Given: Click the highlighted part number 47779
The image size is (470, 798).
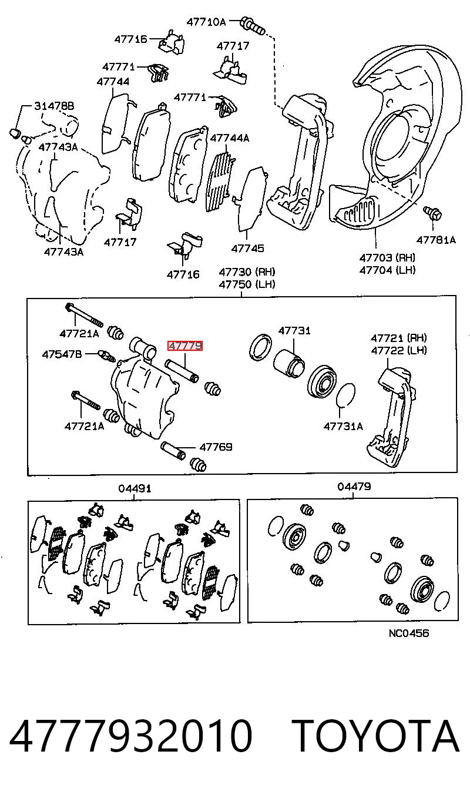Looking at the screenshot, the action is click(185, 346).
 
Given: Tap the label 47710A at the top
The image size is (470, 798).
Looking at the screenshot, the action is click(206, 22).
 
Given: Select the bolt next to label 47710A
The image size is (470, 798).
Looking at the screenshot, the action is click(253, 26).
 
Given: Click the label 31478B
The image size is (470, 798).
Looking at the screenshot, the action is click(54, 106).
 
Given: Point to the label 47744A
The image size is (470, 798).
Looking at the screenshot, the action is click(230, 138).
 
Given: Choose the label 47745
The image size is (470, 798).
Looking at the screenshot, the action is click(248, 249).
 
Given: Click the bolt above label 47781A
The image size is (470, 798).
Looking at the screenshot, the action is click(432, 213).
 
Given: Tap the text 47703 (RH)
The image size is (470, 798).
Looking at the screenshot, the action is click(387, 257).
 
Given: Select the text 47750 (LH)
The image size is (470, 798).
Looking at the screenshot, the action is click(247, 284).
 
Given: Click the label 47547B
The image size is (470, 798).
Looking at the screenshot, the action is click(62, 354).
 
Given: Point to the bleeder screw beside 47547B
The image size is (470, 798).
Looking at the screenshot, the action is click(106, 355).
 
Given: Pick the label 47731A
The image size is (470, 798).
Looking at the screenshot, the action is click(343, 426).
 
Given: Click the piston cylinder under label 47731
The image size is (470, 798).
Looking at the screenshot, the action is click(289, 363).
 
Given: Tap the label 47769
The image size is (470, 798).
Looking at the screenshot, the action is click(216, 447).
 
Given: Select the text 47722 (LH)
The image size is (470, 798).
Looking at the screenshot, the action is click(399, 350).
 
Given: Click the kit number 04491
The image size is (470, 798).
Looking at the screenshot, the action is click(135, 488).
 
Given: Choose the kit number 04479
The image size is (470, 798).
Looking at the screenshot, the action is click(354, 487).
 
